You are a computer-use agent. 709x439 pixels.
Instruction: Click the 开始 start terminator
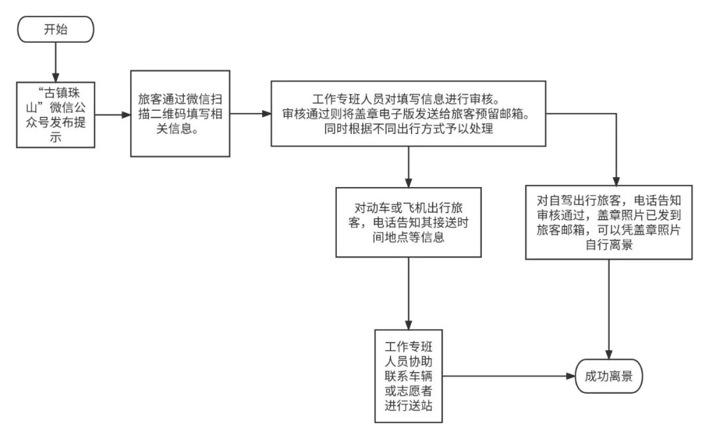tap(56, 30)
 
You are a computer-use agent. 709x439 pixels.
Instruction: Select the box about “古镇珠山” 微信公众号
tap(56, 114)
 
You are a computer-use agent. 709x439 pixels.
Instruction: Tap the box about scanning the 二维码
tap(179, 114)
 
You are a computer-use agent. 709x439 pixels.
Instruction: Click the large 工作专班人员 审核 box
tap(408, 114)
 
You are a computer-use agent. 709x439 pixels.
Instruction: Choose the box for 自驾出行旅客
tap(609, 222)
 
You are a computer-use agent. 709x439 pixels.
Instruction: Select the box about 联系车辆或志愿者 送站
tap(408, 376)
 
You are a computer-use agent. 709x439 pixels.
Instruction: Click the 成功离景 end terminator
tap(608, 376)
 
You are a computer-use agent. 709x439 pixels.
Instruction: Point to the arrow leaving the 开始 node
tap(56, 62)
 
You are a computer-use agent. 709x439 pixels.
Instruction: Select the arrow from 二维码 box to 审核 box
tap(250, 114)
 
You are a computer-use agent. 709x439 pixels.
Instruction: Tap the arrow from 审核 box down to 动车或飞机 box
tap(408, 167)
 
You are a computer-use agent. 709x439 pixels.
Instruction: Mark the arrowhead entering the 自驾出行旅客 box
tap(616, 180)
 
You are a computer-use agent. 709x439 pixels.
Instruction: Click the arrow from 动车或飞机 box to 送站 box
tap(408, 293)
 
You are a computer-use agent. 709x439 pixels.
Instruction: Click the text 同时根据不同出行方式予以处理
tap(408, 129)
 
